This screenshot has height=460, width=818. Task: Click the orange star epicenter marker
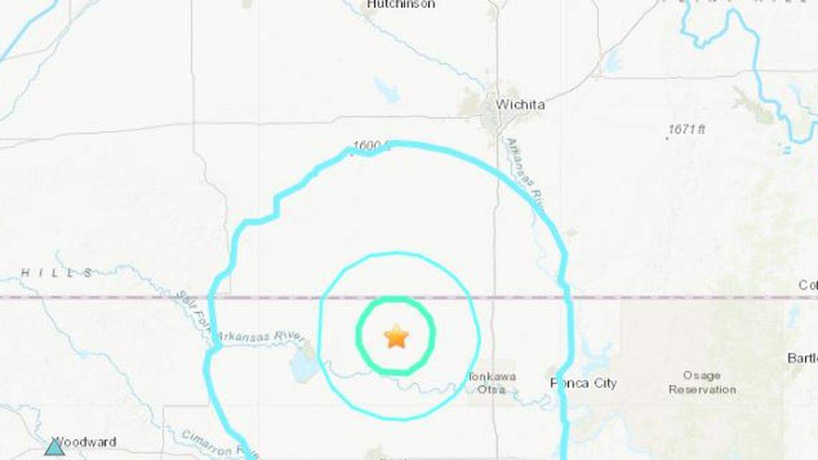point(395,336)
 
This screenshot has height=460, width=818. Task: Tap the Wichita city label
point(520,105)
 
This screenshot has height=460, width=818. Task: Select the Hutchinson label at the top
point(400,4)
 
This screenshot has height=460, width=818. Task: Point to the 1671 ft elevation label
point(687,129)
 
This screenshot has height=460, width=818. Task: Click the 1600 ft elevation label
point(370,146)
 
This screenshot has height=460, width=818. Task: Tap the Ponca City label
point(583,383)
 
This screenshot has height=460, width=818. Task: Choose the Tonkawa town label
point(492,376)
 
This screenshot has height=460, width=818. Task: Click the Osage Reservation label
point(702,382)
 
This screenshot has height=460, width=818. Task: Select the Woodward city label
point(85,442)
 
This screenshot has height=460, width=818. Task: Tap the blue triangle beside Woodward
point(55,448)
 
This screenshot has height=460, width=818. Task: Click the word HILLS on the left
point(57,273)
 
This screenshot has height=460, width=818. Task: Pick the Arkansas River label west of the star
point(260,336)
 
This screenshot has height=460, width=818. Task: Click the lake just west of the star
point(303,367)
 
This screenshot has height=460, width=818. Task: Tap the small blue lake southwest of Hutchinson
point(387,90)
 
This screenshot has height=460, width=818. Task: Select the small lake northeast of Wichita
point(612,63)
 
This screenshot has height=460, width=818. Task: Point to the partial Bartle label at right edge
point(802,358)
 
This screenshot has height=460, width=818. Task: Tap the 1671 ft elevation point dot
point(667,137)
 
